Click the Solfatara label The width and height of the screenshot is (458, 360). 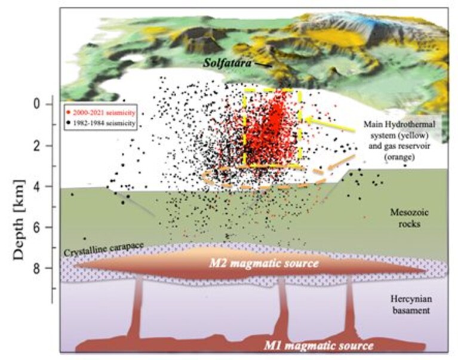[227, 63]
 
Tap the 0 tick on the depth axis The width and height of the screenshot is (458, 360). [37, 104]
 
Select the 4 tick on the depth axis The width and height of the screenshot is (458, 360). [37, 186]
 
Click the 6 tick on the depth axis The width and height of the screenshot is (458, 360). [37, 227]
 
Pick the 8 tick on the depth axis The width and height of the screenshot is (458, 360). [37, 268]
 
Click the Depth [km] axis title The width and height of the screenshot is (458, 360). [19, 220]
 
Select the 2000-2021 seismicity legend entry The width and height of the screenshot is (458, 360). [101, 113]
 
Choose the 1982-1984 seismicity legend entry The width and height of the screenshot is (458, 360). [101, 123]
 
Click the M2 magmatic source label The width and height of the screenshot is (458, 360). [263, 263]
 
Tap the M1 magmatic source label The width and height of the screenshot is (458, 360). [319, 346]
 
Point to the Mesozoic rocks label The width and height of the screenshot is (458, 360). [409, 218]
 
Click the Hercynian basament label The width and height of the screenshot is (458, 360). [411, 304]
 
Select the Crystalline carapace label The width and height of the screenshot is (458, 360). [103, 249]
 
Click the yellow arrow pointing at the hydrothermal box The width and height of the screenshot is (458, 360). [330, 124]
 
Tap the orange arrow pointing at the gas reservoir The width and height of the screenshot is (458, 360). [342, 162]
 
